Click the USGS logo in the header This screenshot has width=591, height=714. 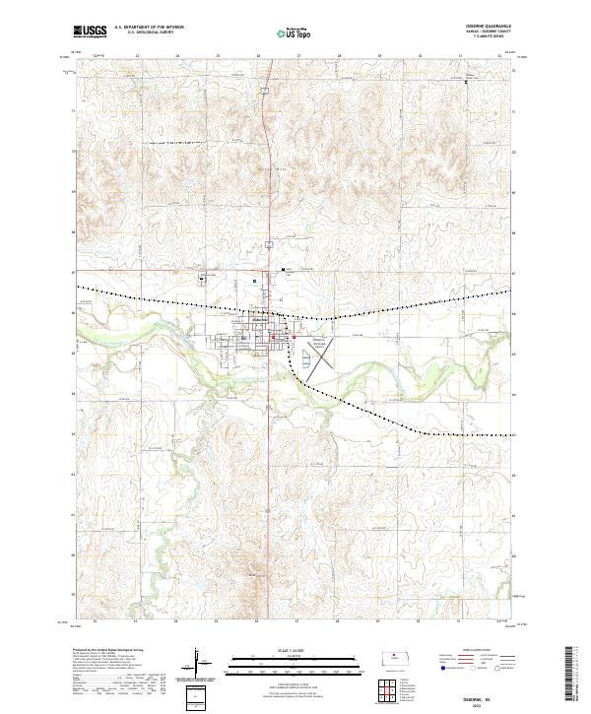[93, 32]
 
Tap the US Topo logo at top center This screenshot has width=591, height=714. [294, 32]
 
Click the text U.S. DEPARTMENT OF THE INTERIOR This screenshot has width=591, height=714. [149, 27]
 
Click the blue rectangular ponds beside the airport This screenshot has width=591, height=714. [306, 361]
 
